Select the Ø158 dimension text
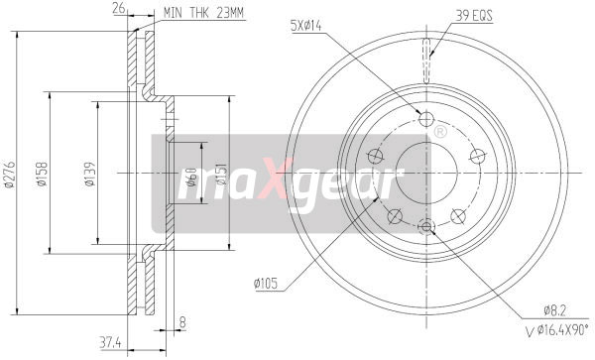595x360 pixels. click(x=42, y=172)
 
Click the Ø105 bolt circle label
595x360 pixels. click(x=269, y=284)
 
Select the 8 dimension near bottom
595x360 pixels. click(x=181, y=320)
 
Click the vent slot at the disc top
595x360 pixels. click(x=427, y=50)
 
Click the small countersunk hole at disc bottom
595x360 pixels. click(x=427, y=227)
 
